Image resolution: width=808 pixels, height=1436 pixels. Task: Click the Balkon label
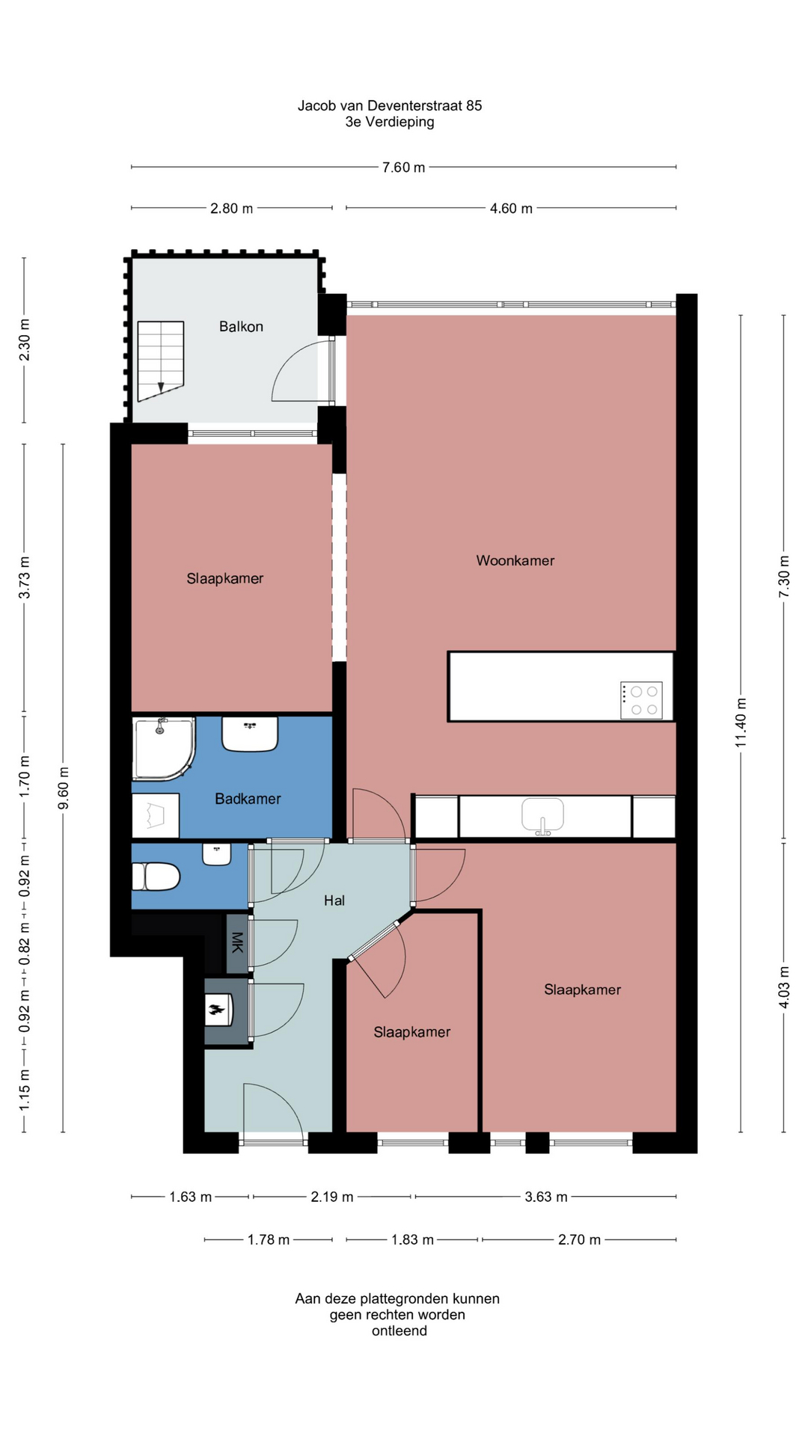click(241, 327)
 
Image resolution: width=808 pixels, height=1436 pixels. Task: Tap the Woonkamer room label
click(515, 561)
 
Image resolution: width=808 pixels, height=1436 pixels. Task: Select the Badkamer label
click(248, 799)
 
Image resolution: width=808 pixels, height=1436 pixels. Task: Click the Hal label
click(334, 900)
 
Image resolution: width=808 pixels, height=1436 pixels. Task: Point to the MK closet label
click(237, 942)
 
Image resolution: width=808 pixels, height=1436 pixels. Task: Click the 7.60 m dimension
click(403, 168)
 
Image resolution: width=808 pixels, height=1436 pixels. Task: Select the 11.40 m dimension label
click(741, 722)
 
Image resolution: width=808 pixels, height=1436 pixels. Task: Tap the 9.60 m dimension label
click(64, 788)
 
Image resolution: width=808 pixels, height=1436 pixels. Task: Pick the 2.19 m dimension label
click(332, 1197)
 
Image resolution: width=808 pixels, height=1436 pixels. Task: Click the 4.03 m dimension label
click(784, 987)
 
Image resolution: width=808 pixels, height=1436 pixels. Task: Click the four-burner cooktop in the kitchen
click(641, 701)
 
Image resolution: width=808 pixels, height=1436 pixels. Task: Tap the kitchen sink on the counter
click(543, 815)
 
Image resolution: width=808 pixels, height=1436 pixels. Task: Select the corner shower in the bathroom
click(164, 749)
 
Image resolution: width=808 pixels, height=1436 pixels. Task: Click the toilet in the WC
click(156, 877)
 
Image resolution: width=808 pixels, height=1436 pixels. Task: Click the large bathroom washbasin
click(250, 734)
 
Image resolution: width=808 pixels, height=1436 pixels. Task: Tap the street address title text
click(390, 106)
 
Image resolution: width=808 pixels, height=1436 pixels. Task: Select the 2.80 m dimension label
click(231, 209)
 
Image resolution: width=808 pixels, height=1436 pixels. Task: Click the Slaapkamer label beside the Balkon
click(225, 579)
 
